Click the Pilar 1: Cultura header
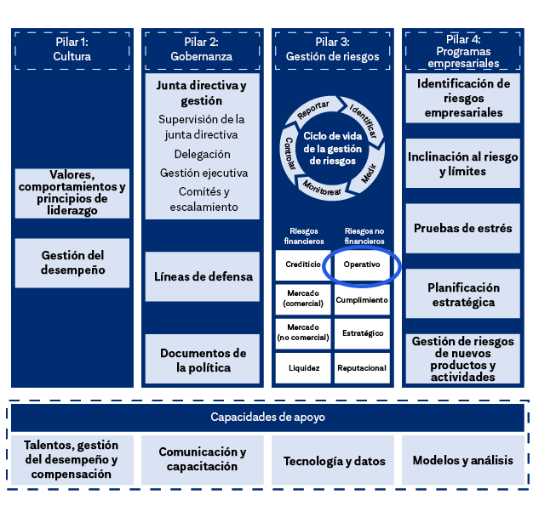coord(72,49)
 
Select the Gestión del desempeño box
coord(72,262)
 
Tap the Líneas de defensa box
coord(202,276)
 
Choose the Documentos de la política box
coord(202,360)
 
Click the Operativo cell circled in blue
coord(362,264)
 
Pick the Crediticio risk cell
coord(303,264)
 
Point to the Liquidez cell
coord(303,368)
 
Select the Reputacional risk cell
coord(362,368)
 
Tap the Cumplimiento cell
coord(362,299)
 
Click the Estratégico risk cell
coord(362,333)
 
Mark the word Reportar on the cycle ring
coord(312,111)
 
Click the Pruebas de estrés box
coord(463,228)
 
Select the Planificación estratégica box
coord(463,294)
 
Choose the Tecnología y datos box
coord(334,461)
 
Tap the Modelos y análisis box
coord(463,461)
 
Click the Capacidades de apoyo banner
coord(267,418)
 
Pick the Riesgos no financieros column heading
coord(363,236)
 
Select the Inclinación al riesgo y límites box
coord(463,164)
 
